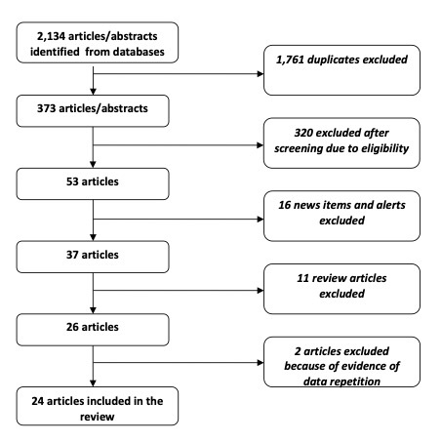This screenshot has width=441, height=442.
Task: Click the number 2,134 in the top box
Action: tap(51, 36)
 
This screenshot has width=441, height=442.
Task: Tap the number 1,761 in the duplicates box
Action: tap(290, 60)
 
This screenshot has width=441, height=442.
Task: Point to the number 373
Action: tap(46, 108)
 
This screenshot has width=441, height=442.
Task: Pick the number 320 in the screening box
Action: tap(303, 133)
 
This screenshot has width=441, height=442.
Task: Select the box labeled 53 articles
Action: tap(93, 183)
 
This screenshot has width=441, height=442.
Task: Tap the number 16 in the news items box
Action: tap(285, 205)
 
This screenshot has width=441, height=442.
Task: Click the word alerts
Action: tap(390, 205)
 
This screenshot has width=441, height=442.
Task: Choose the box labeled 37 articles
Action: tap(93, 257)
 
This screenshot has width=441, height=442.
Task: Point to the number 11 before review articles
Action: tap(302, 278)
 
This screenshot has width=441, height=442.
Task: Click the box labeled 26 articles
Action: tap(93, 330)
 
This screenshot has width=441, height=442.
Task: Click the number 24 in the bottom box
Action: tap(38, 401)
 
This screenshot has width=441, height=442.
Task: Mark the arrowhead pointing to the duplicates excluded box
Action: tap(261, 74)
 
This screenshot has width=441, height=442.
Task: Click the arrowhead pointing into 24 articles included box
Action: tap(93, 383)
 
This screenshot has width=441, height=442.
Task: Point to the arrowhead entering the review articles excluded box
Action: tap(261, 290)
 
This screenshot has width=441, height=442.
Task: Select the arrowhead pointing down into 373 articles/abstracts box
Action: tap(93, 92)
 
